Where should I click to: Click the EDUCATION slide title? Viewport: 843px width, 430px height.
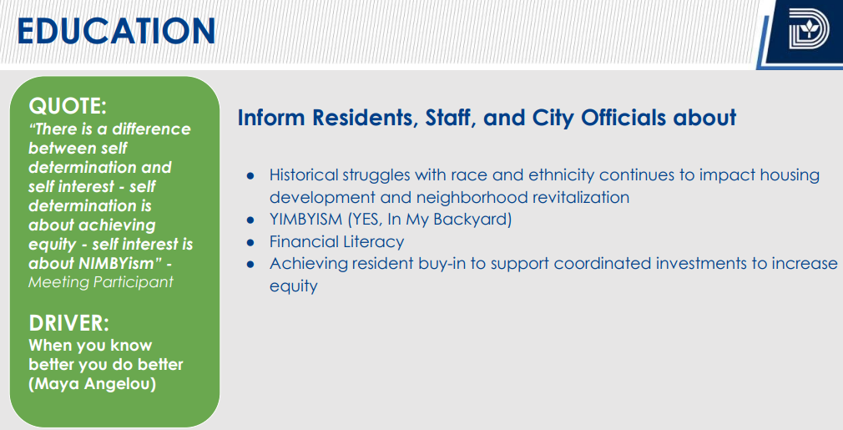click(x=116, y=31)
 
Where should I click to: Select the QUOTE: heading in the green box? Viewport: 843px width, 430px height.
click(x=68, y=106)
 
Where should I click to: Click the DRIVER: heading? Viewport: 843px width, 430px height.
click(x=68, y=323)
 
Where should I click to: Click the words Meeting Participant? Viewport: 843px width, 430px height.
click(x=101, y=282)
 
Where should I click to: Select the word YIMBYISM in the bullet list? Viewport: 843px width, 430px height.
click(x=306, y=220)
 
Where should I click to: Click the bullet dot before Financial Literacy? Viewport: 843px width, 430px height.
click(x=250, y=242)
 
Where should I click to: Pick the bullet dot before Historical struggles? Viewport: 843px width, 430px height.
click(x=250, y=176)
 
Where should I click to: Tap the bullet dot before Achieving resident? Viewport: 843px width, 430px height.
click(x=250, y=265)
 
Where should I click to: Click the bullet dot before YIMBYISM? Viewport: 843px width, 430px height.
click(x=250, y=220)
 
